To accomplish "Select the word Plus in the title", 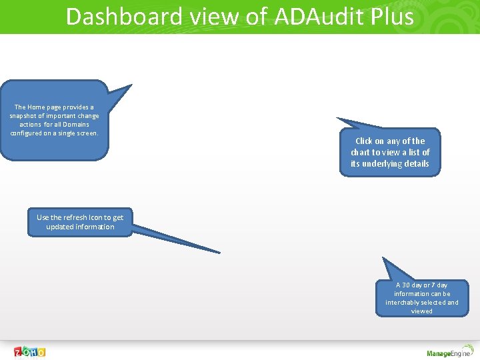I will click(x=390, y=16).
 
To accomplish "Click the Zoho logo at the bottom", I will click(x=30, y=351).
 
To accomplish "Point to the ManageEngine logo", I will click(x=449, y=353).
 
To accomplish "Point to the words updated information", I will click(x=80, y=227).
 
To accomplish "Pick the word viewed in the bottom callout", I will click(x=421, y=311).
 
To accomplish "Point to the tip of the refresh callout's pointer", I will click(x=219, y=252).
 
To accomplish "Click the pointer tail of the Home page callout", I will click(x=131, y=85).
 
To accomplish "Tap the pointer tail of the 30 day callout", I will click(x=383, y=259).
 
